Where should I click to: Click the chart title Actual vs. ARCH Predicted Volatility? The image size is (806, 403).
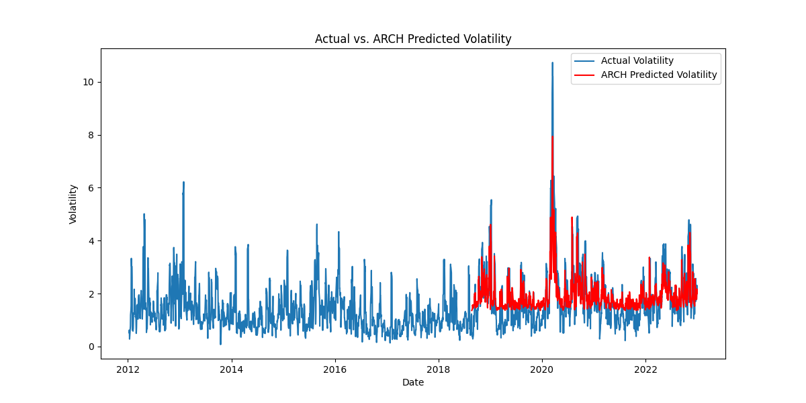[x=413, y=39]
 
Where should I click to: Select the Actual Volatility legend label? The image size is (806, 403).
[x=637, y=61]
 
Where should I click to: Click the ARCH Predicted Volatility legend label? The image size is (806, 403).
[x=658, y=75]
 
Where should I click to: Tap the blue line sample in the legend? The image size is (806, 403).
[x=584, y=61]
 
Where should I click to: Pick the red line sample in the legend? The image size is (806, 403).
[x=584, y=75]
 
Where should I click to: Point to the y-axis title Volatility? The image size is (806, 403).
[x=73, y=204]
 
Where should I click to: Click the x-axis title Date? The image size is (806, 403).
[x=413, y=382]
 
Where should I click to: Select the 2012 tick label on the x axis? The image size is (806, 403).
[x=128, y=369]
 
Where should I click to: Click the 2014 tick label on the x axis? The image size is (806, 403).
[x=231, y=369]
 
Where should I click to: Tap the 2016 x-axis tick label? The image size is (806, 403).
[x=334, y=369]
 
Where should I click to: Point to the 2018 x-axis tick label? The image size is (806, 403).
[x=439, y=369]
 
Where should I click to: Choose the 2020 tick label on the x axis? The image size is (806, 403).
[x=542, y=369]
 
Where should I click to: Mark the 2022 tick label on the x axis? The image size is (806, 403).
[x=645, y=369]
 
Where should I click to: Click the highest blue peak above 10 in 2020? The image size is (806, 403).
[x=552, y=63]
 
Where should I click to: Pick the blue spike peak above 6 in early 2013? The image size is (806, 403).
[x=183, y=182]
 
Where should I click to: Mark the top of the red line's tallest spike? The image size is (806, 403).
[x=552, y=137]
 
